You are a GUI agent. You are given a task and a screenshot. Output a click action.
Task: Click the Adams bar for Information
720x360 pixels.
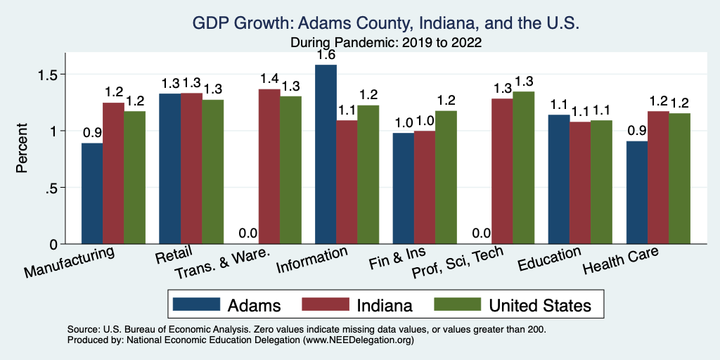coord(326,155)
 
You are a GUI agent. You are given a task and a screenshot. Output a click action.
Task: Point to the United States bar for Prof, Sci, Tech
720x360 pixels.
coord(524,168)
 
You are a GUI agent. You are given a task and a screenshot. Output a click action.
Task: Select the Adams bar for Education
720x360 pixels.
coord(559,179)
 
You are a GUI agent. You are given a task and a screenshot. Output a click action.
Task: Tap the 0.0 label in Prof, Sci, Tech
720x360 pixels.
coord(481,233)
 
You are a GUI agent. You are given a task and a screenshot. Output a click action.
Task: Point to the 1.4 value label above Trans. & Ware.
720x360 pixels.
coord(269,78)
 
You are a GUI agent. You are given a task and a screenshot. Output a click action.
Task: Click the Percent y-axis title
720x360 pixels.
coord(22,148)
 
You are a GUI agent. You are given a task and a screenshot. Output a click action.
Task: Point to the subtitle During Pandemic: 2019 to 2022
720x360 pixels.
coord(385,42)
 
